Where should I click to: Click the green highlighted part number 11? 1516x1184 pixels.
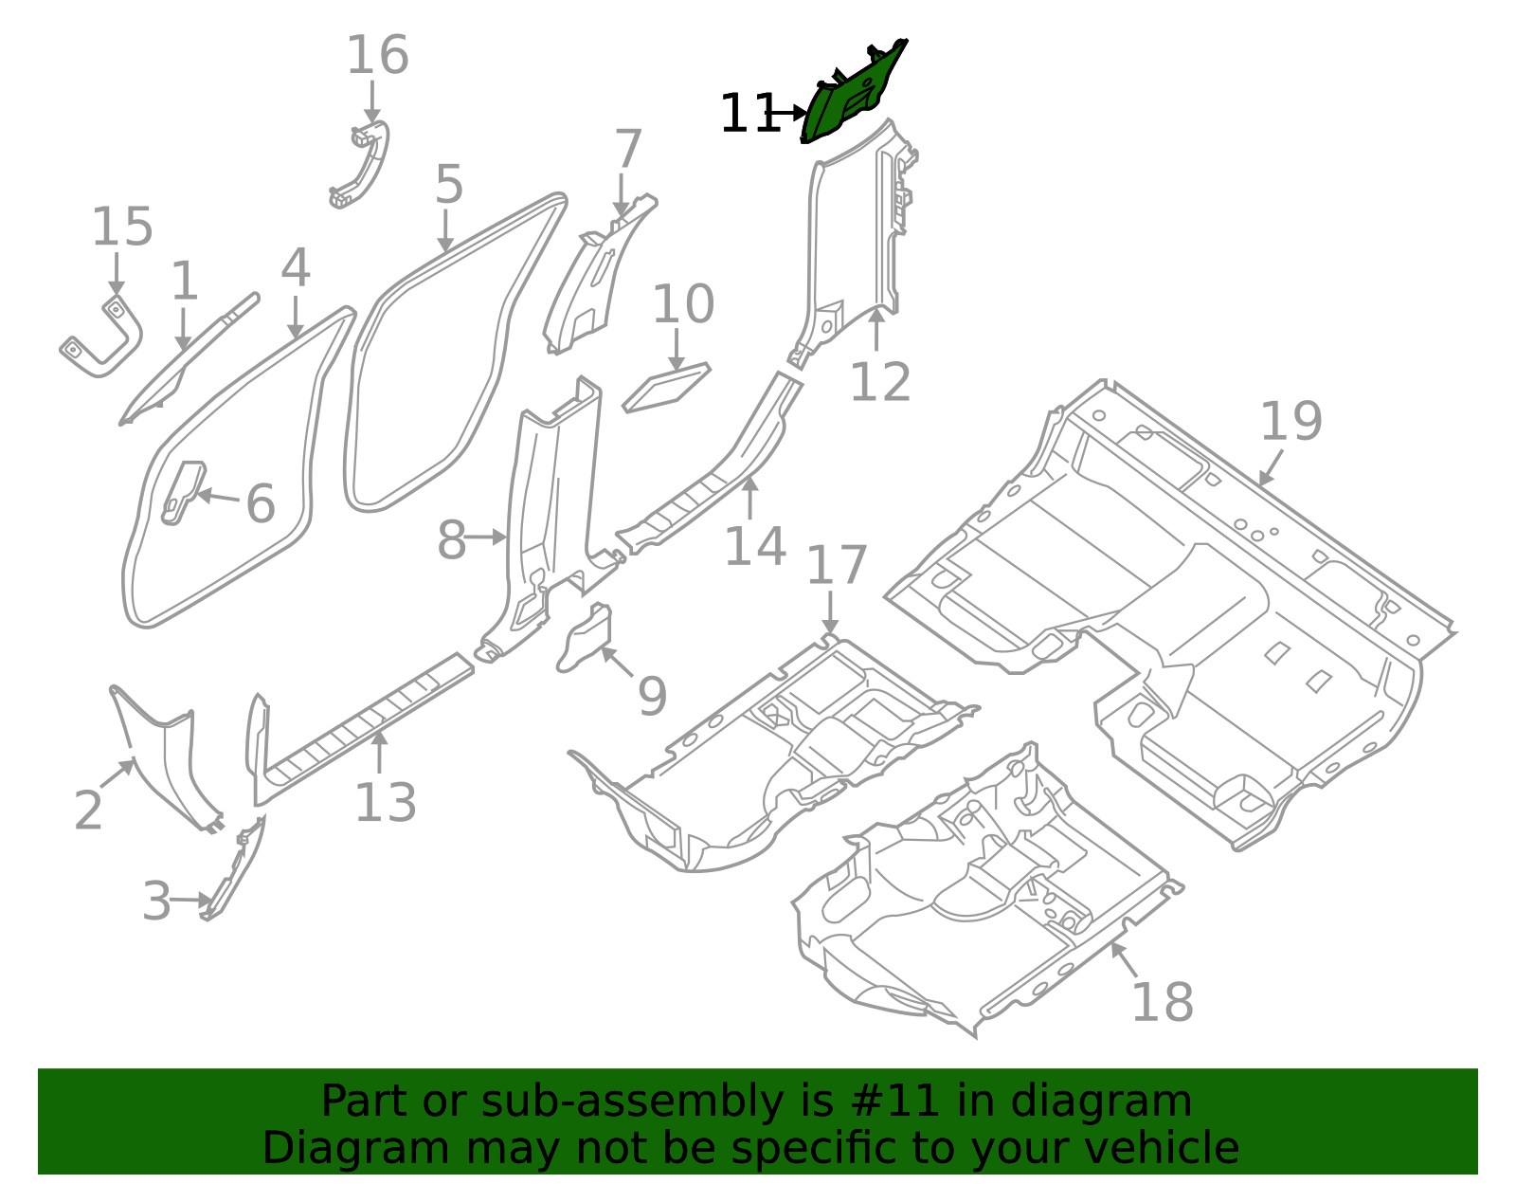(x=853, y=95)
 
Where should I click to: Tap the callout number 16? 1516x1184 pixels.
(x=377, y=56)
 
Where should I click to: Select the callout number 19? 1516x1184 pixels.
(x=1290, y=422)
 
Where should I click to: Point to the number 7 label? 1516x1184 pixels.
(x=628, y=151)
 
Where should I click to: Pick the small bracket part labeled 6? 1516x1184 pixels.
(x=183, y=490)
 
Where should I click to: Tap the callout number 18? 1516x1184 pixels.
(x=1162, y=1001)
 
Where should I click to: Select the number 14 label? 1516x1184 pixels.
(x=755, y=547)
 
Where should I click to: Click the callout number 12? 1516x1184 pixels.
(x=879, y=382)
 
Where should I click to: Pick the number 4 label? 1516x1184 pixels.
(x=296, y=268)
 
